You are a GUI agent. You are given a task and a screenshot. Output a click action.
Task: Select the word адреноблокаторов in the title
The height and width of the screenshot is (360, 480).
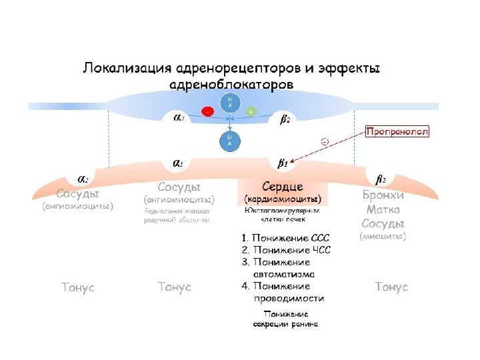232,86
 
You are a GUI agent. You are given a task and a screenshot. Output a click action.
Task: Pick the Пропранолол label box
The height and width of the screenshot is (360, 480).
397,132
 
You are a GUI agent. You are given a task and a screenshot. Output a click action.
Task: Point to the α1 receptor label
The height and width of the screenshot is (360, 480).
179,163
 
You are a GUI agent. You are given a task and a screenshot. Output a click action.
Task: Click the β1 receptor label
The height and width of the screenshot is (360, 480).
283,163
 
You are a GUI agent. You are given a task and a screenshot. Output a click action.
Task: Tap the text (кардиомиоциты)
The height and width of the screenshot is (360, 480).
283,199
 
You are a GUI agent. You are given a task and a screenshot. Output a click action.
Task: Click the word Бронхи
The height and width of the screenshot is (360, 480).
383,195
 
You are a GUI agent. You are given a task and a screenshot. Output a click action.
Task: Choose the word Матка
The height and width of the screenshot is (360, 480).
383,209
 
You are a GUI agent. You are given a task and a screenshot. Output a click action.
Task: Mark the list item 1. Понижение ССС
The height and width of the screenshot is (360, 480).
285,237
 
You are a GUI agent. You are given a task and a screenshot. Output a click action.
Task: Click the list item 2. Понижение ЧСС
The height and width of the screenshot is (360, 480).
285,250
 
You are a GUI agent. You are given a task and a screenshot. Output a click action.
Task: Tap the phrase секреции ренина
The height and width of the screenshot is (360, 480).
285,324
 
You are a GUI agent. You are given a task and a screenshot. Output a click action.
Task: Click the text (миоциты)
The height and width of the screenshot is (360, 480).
383,235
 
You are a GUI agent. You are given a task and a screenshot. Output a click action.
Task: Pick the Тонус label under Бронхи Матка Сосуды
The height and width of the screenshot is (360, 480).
391,287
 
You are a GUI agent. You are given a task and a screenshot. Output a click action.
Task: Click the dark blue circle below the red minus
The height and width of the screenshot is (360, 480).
230,141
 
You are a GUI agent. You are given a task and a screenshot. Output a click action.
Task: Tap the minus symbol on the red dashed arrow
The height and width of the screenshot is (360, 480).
325,141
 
